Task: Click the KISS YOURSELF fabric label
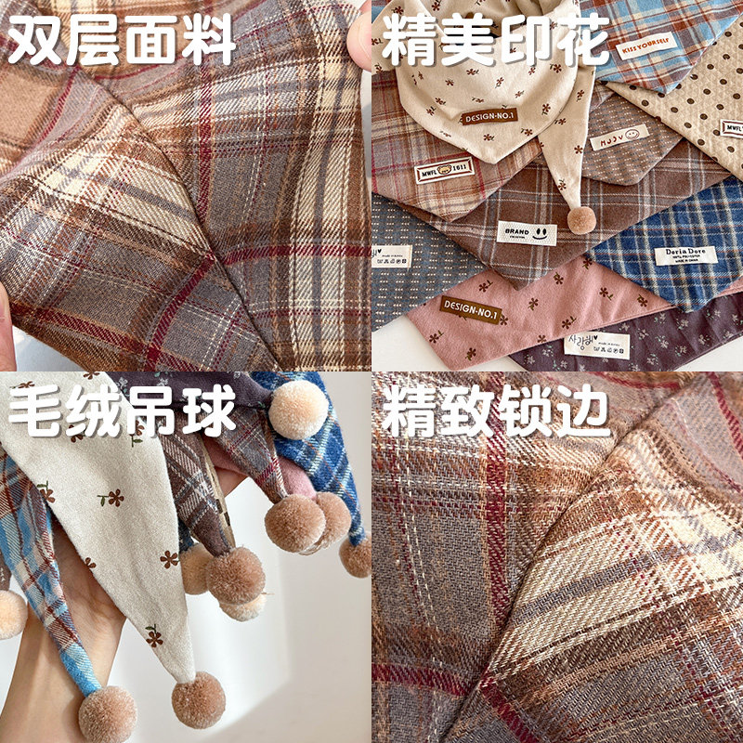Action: pos(649,46)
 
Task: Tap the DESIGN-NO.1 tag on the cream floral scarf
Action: pos(489,116)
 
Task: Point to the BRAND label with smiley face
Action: pos(527,233)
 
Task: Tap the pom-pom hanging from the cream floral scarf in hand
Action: pos(198,699)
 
